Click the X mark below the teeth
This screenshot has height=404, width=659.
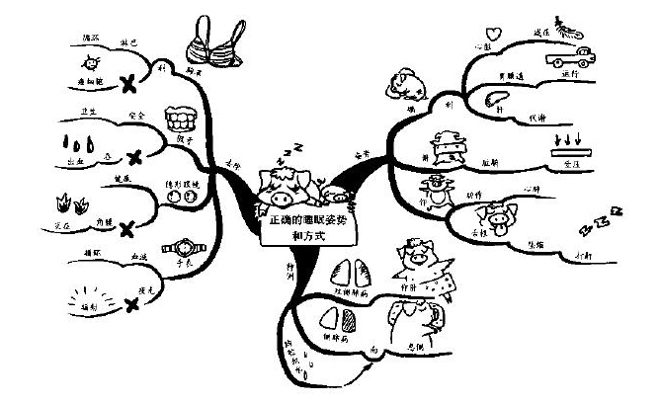click(x=132, y=155)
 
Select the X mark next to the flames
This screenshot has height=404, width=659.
click(x=125, y=230)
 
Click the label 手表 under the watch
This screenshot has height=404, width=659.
click(x=184, y=264)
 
